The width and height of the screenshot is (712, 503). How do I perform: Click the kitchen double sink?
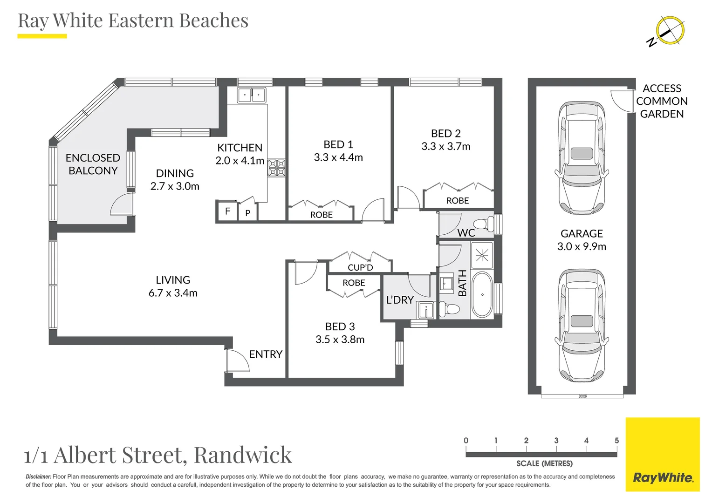pyautogui.click(x=252, y=95)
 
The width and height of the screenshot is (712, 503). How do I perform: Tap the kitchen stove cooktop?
pyautogui.click(x=276, y=168)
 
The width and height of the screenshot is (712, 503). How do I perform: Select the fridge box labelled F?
pyautogui.click(x=227, y=211)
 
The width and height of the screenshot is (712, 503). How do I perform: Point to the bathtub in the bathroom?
pyautogui.click(x=482, y=294)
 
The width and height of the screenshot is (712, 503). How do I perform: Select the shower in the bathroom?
pyautogui.click(x=482, y=256)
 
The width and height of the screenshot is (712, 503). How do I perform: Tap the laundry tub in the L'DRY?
pyautogui.click(x=426, y=310)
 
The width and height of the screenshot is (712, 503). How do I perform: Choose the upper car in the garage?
pyautogui.click(x=582, y=157)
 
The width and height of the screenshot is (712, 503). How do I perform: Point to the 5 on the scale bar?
pyautogui.click(x=616, y=441)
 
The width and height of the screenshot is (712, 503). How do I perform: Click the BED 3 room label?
pyautogui.click(x=340, y=326)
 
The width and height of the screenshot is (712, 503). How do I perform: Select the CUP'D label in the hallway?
pyautogui.click(x=360, y=267)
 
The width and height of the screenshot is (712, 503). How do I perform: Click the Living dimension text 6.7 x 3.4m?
pyautogui.click(x=173, y=292)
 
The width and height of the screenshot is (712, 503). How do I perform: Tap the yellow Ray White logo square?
pyautogui.click(x=663, y=455)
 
